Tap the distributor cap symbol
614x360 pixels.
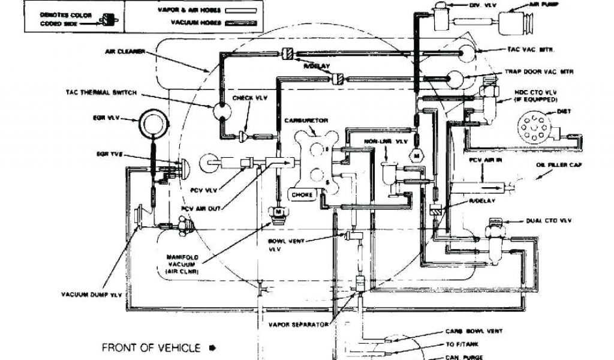531,127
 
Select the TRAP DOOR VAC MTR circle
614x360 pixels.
458,77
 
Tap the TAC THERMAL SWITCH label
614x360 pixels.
101,93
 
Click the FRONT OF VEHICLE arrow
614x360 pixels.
212,347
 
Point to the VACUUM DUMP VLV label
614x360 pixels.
90,294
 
